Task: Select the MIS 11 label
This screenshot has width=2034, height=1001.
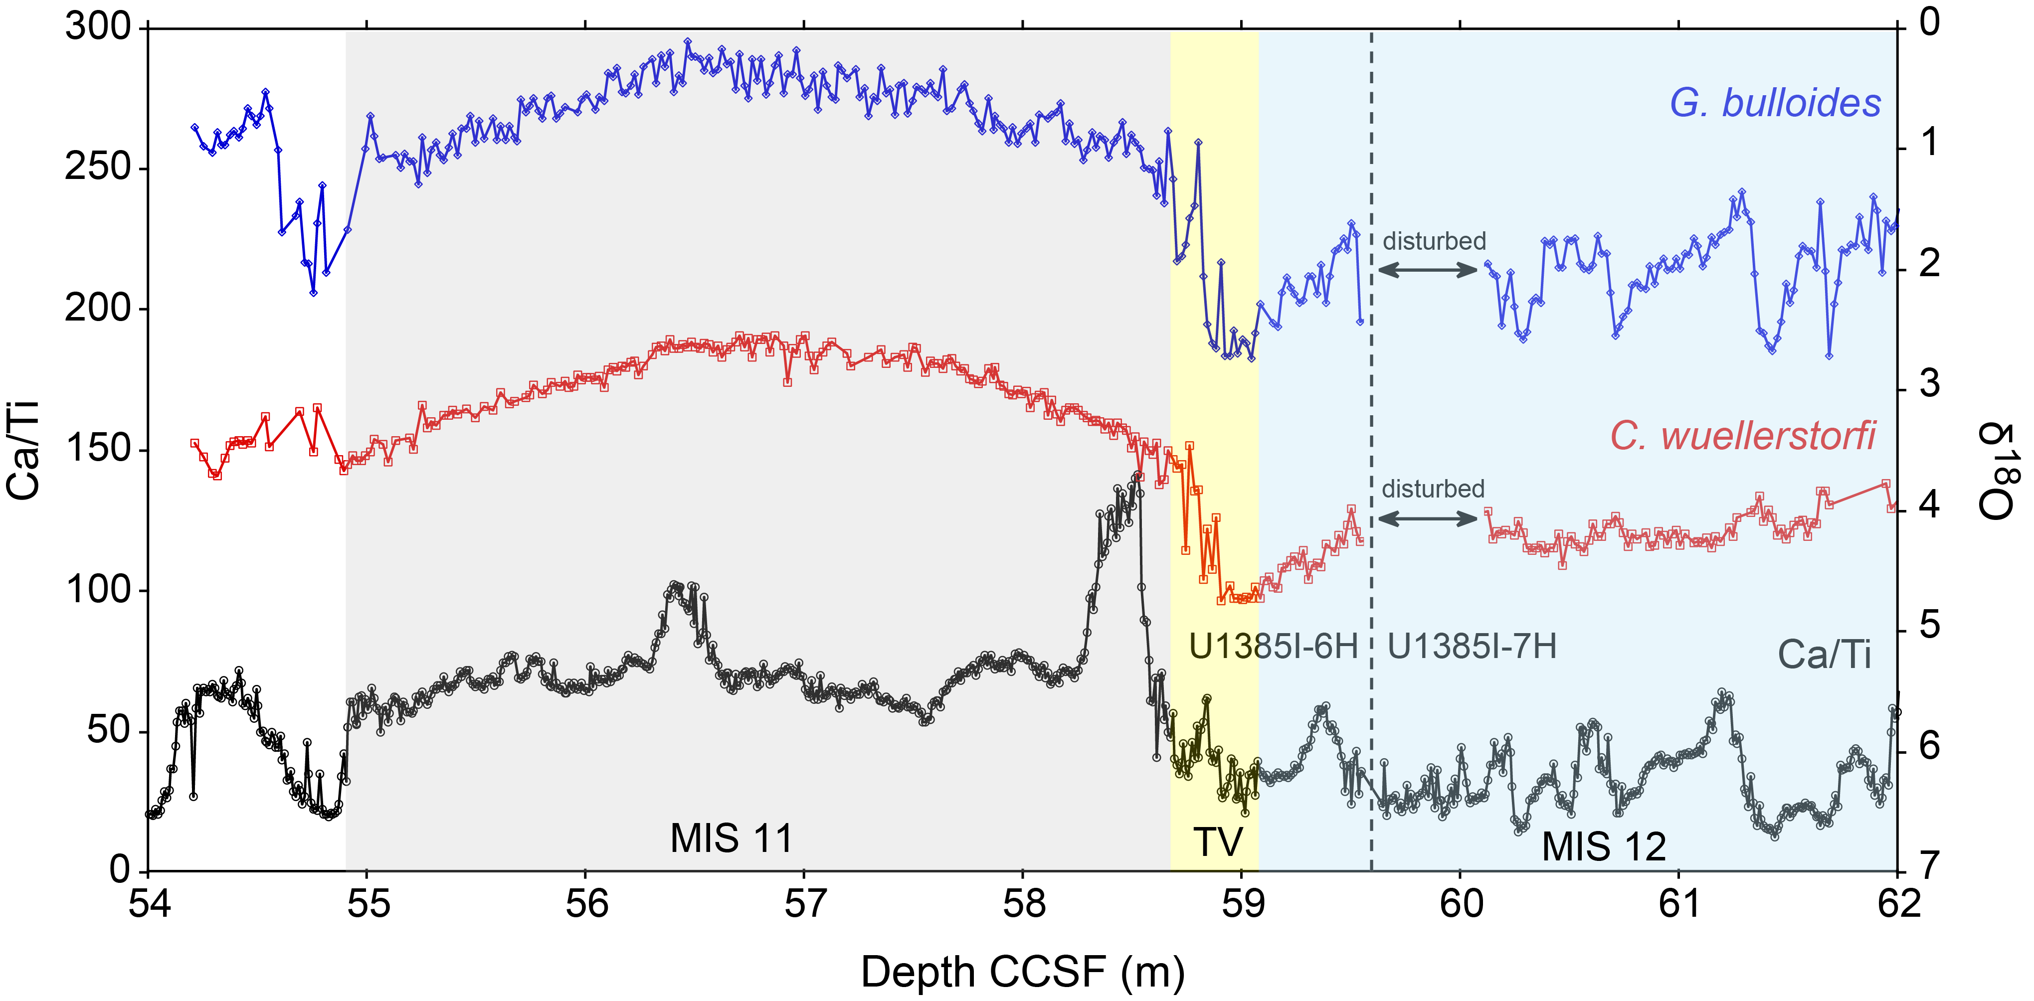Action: pos(731,838)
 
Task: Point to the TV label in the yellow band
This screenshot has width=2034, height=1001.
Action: pos(1217,842)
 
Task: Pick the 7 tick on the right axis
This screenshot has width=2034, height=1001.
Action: pos(1929,867)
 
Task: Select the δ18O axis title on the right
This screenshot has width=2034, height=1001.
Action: pos(1998,471)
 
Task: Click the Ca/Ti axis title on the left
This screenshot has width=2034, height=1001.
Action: pos(24,450)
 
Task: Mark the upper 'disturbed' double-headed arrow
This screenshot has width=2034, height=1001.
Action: pos(1428,270)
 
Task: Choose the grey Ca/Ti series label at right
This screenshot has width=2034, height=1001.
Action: pos(1824,655)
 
